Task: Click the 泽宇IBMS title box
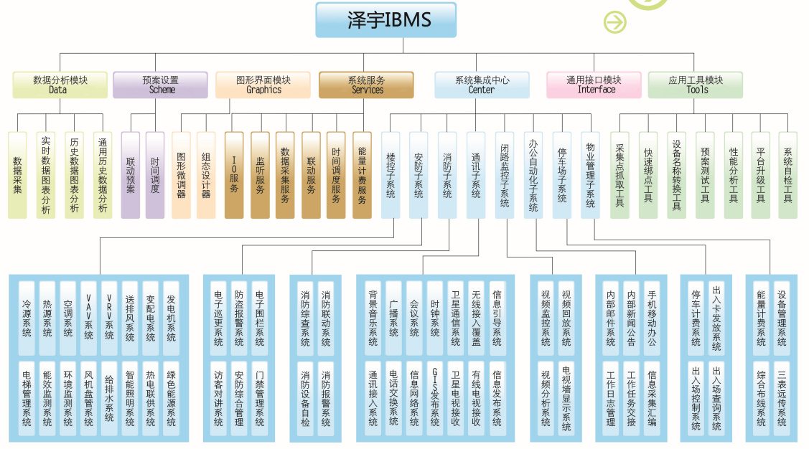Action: (x=386, y=20)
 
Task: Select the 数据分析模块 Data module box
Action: (x=60, y=85)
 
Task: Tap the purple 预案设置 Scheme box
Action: (x=160, y=85)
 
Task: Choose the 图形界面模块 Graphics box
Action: (x=263, y=85)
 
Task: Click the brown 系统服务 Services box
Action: (x=366, y=85)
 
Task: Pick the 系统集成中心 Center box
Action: (x=482, y=85)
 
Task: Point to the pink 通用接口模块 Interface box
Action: (x=594, y=85)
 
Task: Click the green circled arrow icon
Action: (x=615, y=22)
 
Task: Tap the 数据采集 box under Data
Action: (x=17, y=175)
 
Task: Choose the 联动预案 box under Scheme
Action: (x=131, y=175)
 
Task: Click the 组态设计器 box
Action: (x=206, y=175)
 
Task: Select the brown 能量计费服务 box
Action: (x=362, y=175)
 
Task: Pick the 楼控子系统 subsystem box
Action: (x=391, y=175)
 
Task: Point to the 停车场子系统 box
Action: (x=562, y=175)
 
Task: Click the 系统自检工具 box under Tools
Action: (x=788, y=175)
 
